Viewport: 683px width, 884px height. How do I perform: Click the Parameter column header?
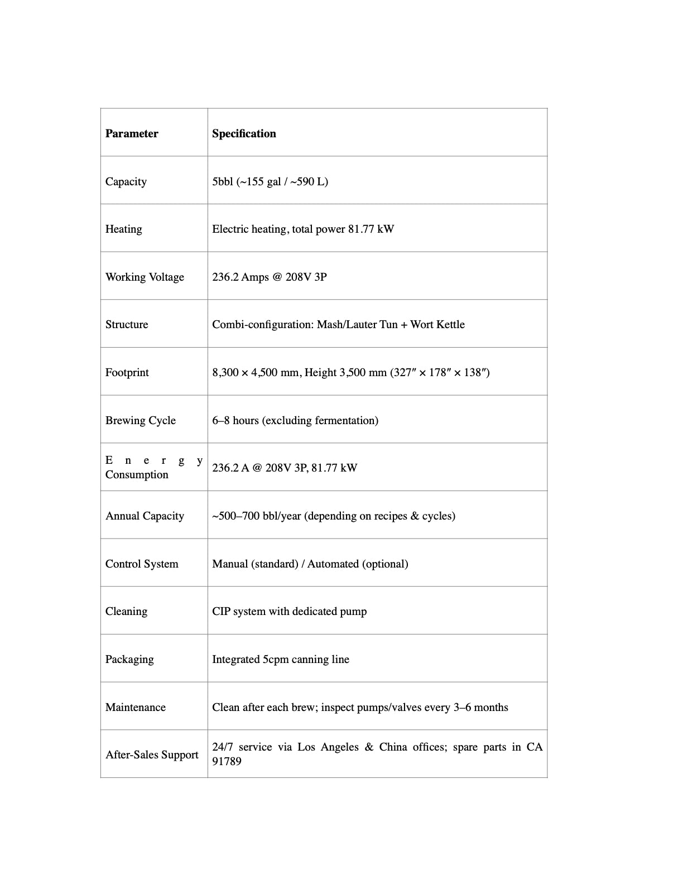pos(132,133)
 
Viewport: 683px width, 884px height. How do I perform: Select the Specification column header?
pos(244,133)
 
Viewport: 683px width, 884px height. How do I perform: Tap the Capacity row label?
pos(126,181)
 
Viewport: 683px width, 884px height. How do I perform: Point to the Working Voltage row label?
pos(145,277)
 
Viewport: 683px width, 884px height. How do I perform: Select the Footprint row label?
pos(127,372)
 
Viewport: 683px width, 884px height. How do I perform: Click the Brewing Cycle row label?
pos(141,420)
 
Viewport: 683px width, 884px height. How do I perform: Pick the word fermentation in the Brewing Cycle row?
pos(344,420)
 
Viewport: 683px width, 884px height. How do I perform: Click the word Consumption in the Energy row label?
pos(137,474)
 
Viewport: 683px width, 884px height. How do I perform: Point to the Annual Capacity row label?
pos(145,516)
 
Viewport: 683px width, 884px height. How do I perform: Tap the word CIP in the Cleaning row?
pos(221,611)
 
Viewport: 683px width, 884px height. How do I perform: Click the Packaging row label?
pos(129,659)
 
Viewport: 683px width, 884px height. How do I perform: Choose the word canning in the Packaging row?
pos(310,659)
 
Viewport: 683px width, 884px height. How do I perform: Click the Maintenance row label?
pos(136,707)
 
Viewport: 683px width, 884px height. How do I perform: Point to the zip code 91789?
pos(227,761)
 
